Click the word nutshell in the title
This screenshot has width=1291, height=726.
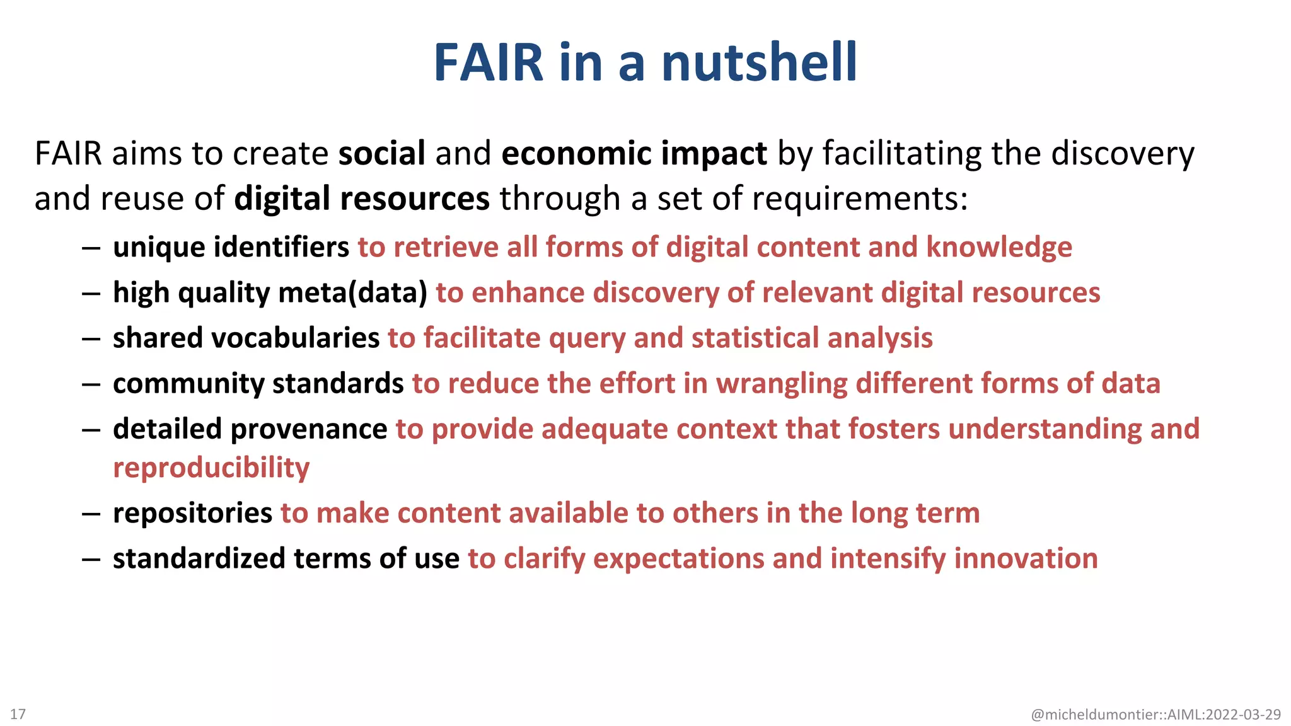[759, 62]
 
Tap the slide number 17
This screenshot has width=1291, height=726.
[18, 714]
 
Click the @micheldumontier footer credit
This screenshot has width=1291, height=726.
[1155, 715]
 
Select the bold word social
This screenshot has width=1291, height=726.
[382, 154]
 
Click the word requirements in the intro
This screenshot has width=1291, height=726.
[859, 199]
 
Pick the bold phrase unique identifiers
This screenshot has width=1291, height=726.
[231, 247]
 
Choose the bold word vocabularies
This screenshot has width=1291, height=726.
[295, 338]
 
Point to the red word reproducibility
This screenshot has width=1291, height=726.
[211, 468]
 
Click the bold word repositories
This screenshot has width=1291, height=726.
[192, 514]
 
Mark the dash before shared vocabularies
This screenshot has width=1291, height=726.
[91, 339]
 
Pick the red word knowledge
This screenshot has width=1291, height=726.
[999, 247]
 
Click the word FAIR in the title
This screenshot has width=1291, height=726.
[489, 62]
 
